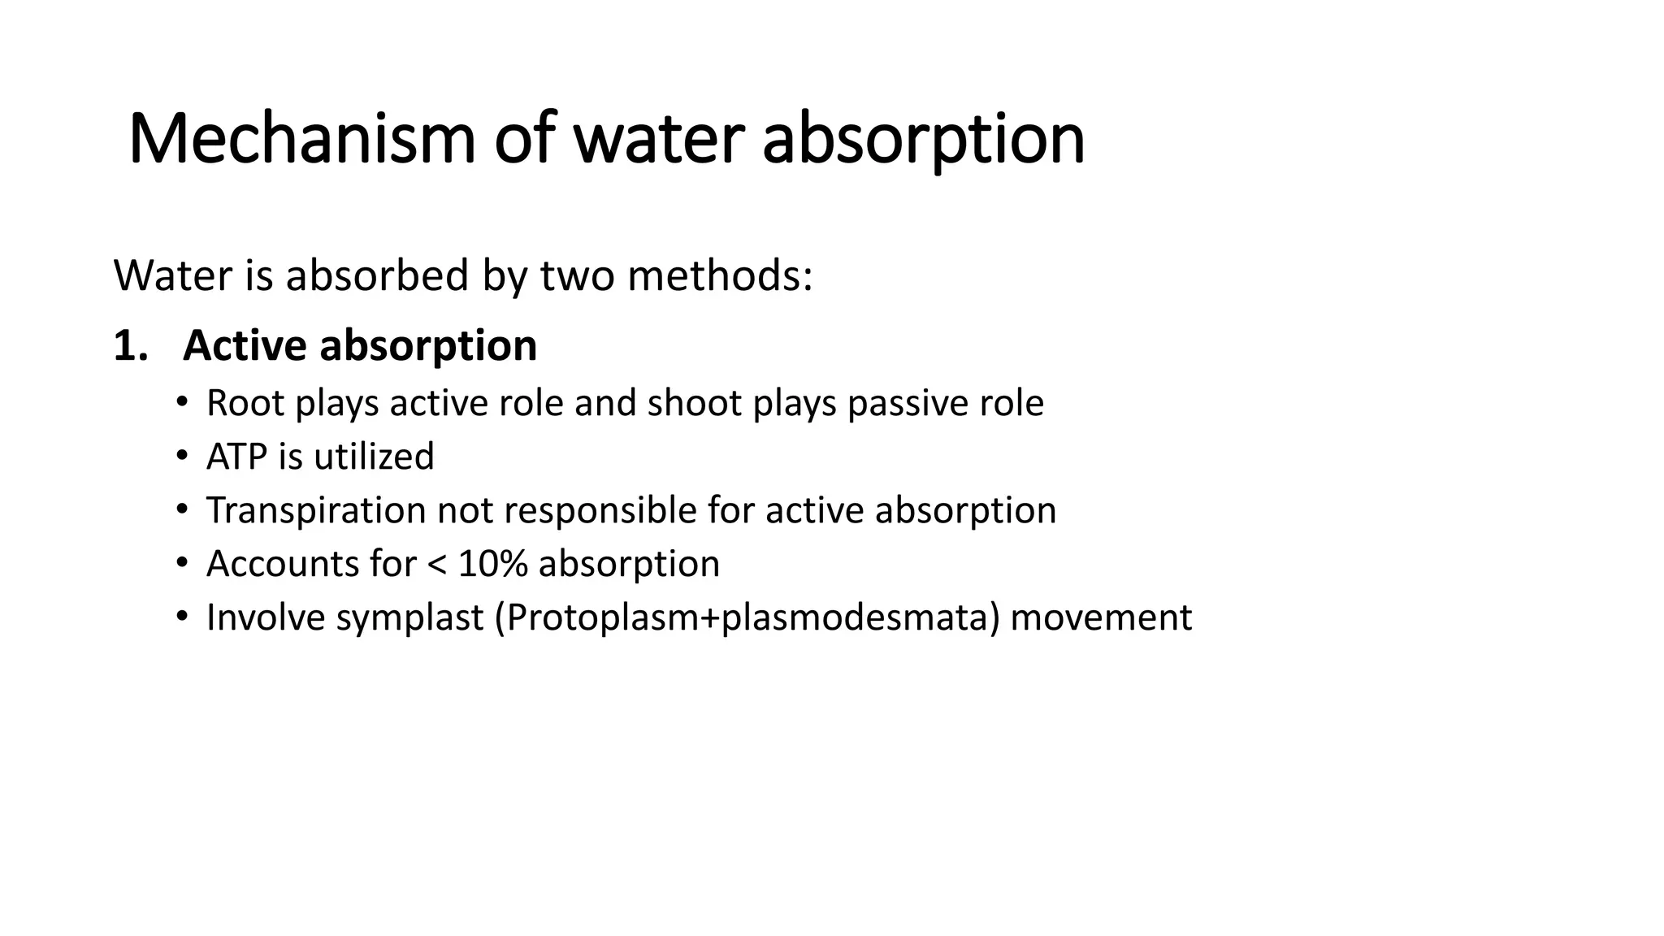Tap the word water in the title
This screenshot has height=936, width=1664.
658,140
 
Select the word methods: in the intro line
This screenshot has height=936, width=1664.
720,275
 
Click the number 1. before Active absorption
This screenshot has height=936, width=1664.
131,345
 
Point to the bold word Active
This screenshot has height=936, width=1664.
245,345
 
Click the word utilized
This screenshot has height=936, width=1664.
374,457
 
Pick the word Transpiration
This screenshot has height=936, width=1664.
316,510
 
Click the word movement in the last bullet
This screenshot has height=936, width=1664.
1101,617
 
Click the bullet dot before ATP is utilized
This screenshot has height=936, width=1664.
182,457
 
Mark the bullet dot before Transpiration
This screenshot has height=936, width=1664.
182,510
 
